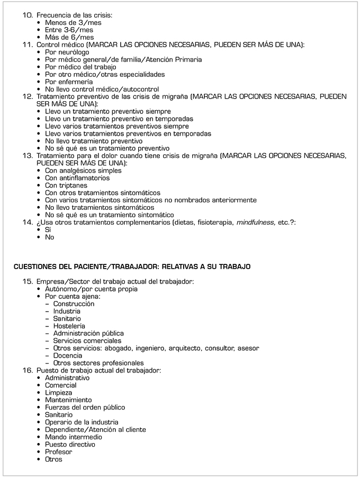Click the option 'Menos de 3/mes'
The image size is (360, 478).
(x=73, y=23)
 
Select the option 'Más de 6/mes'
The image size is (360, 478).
(x=69, y=38)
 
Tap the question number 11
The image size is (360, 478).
(x=28, y=45)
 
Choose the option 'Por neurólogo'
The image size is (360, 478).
(x=67, y=52)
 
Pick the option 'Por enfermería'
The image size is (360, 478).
(x=69, y=82)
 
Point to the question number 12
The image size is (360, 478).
(x=28, y=97)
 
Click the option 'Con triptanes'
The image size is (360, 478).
(x=66, y=186)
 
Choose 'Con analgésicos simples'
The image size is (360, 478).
(x=83, y=171)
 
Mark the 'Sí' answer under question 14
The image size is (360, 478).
(x=48, y=231)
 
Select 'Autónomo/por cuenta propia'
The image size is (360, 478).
(x=91, y=289)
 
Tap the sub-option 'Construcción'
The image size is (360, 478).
(x=74, y=304)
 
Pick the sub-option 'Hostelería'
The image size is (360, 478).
(x=69, y=326)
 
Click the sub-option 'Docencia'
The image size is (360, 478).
(x=67, y=356)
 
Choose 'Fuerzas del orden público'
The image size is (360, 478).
(x=85, y=408)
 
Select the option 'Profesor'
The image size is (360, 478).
(x=58, y=452)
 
